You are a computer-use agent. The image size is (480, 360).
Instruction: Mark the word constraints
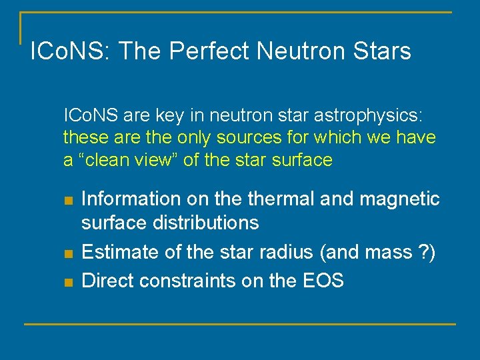pyautogui.click(x=184, y=280)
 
